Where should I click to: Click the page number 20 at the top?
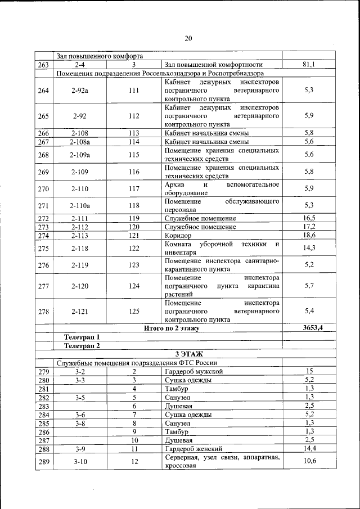[x=188, y=38]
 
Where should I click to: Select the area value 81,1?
[x=308, y=65]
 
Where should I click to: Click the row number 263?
[x=43, y=65]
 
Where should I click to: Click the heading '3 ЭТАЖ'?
[x=188, y=353]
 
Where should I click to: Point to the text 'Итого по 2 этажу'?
[x=172, y=328]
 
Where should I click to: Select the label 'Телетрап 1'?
[x=82, y=336]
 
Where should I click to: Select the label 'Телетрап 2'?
[x=82, y=345]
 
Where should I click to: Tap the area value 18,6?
[x=308, y=235]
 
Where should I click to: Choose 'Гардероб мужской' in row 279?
[x=194, y=371]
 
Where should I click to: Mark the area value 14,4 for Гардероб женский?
[x=308, y=449]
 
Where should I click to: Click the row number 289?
[x=43, y=462]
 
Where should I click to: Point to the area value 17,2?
[x=308, y=226]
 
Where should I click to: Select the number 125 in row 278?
[x=134, y=310]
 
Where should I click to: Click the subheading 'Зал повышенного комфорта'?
[x=100, y=56]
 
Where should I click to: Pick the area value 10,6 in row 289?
[x=308, y=462]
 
